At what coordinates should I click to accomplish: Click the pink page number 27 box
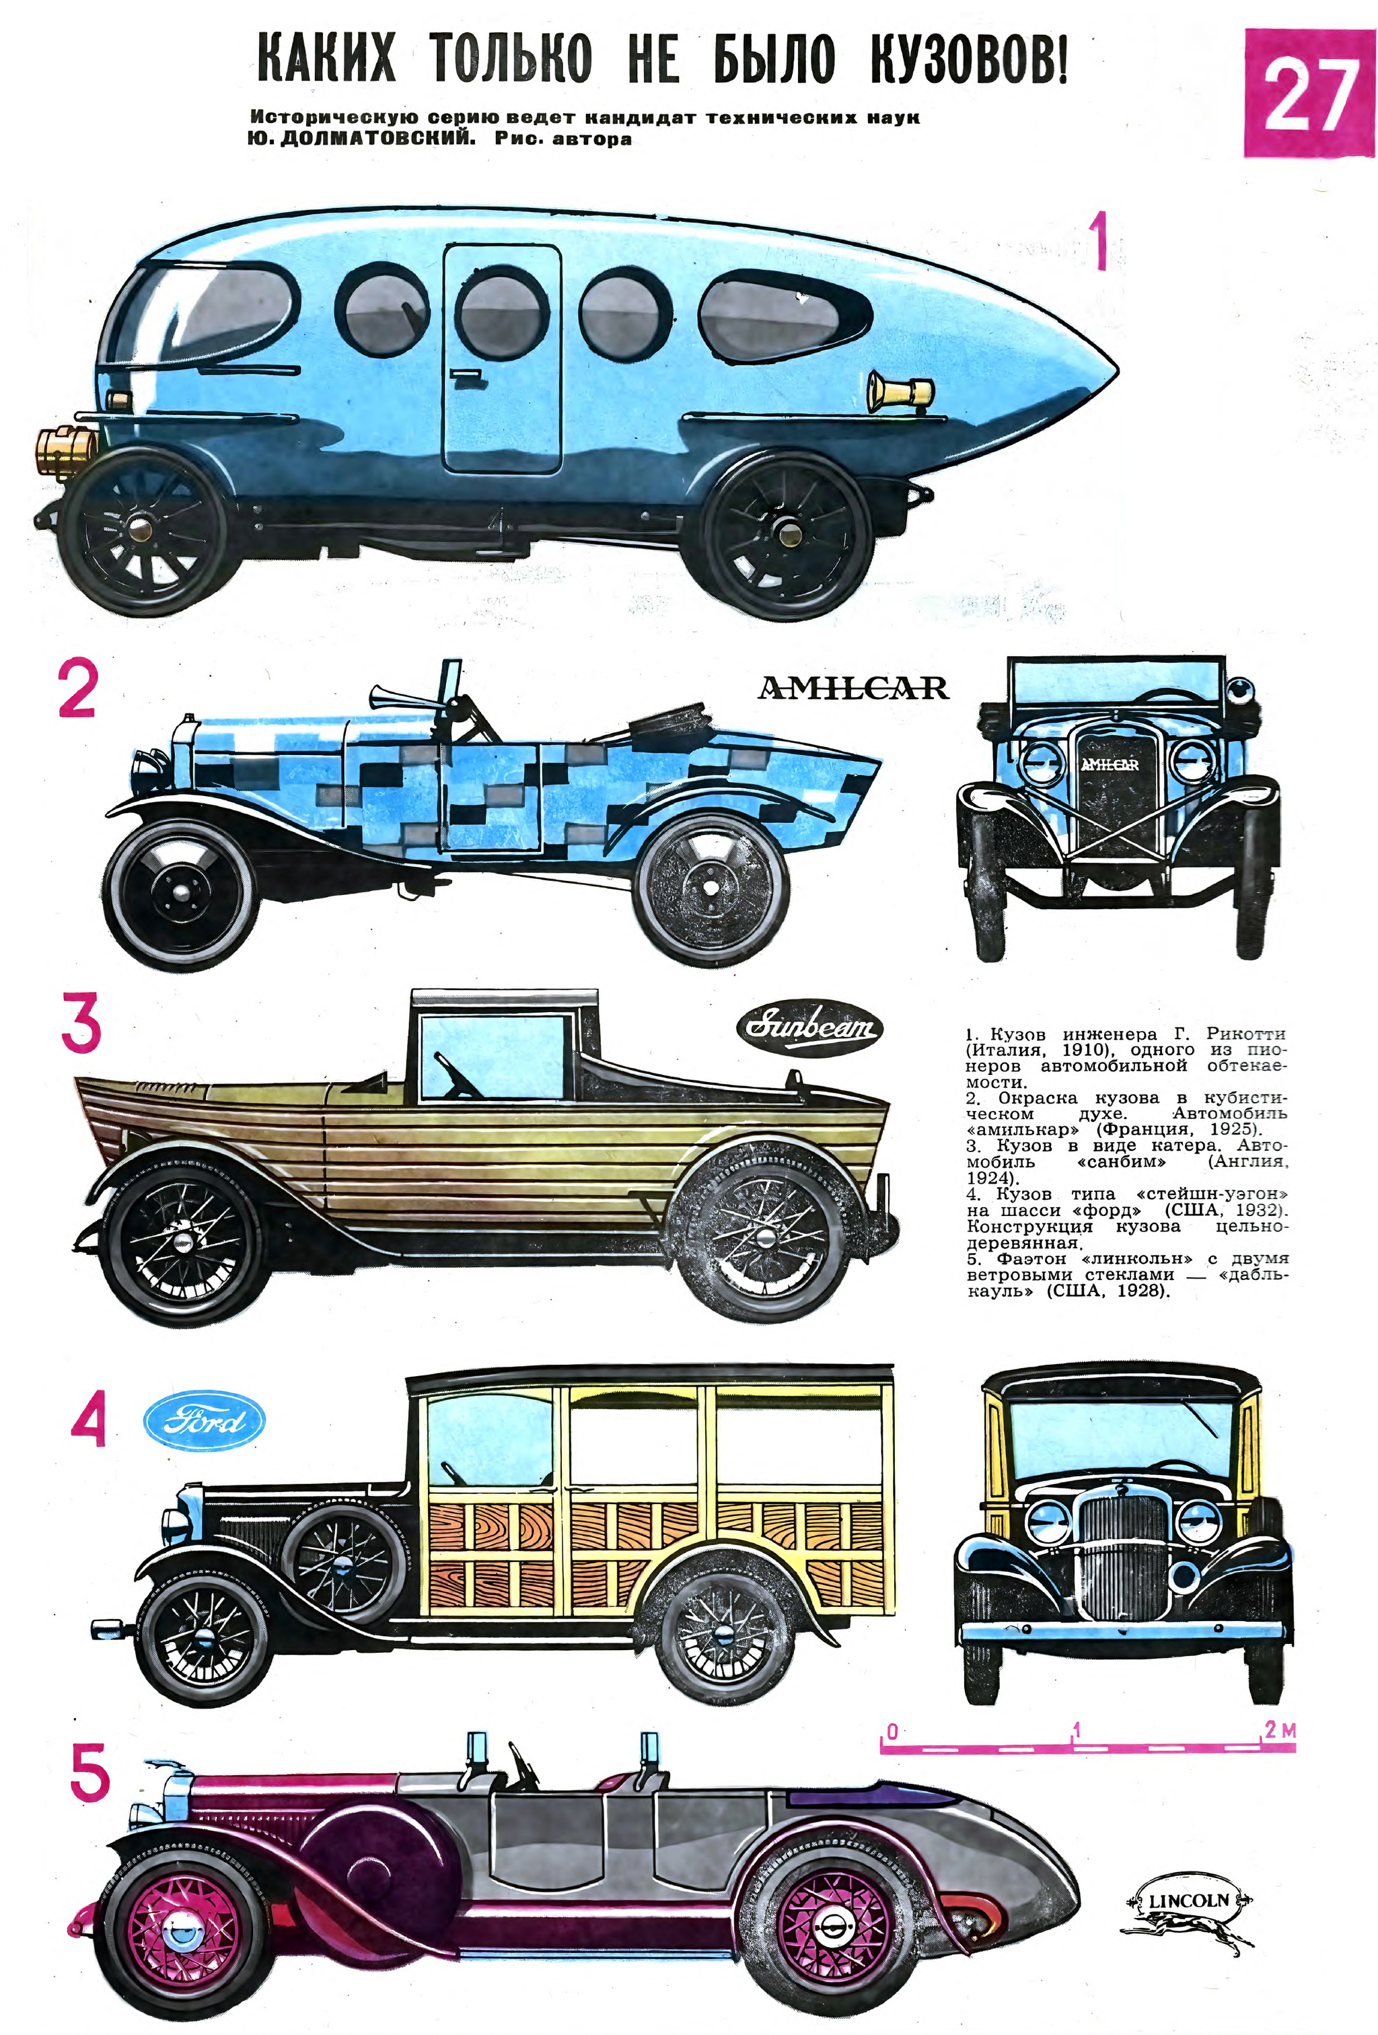click(x=1309, y=93)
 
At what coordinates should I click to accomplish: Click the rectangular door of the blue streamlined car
click(x=502, y=358)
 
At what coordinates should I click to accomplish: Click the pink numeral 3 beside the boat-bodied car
click(x=81, y=1026)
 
